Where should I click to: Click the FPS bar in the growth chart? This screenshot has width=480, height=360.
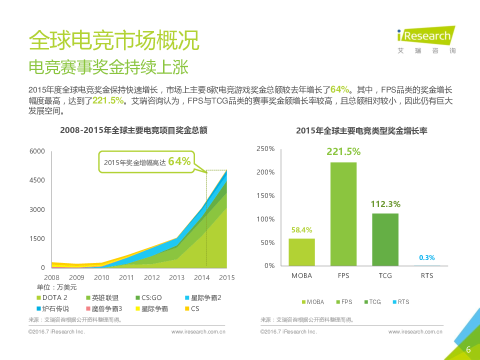[x=343, y=213]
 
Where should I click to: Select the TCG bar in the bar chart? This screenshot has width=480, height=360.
[x=385, y=239]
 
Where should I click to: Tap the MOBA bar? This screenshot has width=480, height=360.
[x=302, y=252]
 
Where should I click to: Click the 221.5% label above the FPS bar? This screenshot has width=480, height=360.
[x=343, y=151]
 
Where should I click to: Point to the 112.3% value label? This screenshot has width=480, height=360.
[x=385, y=204]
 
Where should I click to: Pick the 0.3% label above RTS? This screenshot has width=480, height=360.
[x=426, y=257]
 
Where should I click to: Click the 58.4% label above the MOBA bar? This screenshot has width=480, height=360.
[x=302, y=230]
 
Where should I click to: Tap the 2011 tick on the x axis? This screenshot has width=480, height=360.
[x=126, y=277]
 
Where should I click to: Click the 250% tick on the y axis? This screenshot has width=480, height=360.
[x=265, y=149]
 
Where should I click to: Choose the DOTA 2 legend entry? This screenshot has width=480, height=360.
[x=58, y=297]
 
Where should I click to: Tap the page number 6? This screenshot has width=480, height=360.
[x=468, y=349]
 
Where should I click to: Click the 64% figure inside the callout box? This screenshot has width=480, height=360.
[x=179, y=161]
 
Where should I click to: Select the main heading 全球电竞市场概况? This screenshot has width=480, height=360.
[x=114, y=40]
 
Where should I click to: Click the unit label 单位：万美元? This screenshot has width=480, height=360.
[x=57, y=287]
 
